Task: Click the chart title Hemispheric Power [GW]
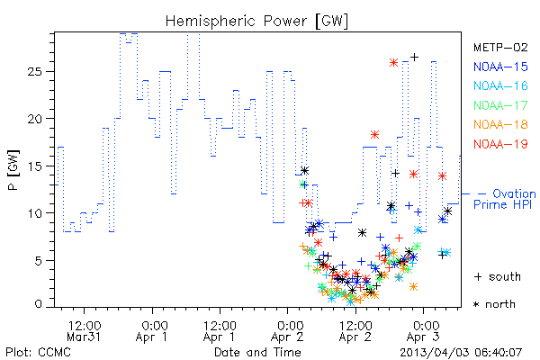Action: click(256, 22)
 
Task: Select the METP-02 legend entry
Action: click(500, 47)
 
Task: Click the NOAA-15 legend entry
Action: click(500, 67)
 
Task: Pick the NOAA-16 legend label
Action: click(500, 85)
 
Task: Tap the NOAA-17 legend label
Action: click(500, 105)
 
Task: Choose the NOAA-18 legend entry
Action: click(500, 124)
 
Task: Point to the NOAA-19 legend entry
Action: click(500, 144)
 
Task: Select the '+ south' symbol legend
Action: click(498, 276)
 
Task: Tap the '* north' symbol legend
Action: click(494, 304)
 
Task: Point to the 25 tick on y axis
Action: click(34, 72)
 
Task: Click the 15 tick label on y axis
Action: click(34, 166)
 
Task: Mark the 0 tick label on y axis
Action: click(38, 304)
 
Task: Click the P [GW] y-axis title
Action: click(13, 170)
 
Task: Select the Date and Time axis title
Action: click(257, 352)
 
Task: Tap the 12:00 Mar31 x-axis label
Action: click(84, 331)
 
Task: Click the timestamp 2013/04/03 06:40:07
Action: click(461, 353)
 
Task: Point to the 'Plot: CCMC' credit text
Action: click(38, 352)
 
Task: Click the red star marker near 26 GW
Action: click(393, 62)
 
